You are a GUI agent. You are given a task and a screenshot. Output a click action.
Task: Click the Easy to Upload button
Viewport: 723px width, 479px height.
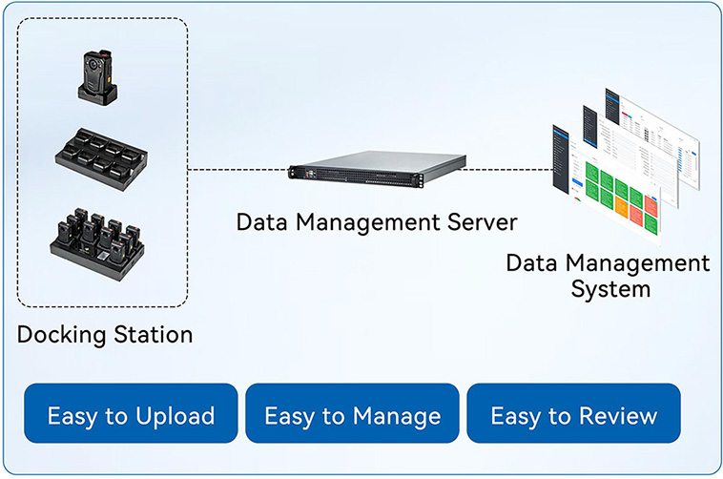pos(131,416)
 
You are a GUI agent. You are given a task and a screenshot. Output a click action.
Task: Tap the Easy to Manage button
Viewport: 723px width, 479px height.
pos(352,416)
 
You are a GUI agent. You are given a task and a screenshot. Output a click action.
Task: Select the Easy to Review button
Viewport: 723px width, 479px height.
pos(573,416)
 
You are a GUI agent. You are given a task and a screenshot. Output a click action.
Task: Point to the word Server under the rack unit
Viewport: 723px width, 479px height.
pos(473,222)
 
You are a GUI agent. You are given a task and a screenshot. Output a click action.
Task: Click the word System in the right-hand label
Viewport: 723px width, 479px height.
pos(610,287)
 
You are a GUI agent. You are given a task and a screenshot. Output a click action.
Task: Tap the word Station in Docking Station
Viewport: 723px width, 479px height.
pos(150,335)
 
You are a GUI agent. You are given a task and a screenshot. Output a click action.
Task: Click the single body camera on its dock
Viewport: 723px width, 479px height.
pos(98,76)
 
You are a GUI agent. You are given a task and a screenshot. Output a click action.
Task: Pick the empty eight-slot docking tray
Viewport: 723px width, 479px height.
pos(98,156)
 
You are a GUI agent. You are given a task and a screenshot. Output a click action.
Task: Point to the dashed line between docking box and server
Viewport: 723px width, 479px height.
pos(238,170)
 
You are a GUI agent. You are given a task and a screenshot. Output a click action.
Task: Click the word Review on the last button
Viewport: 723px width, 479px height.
pos(615,416)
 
